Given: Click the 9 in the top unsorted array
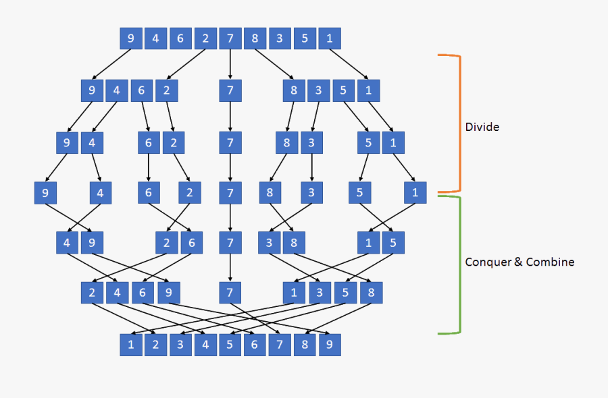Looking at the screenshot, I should (x=130, y=38).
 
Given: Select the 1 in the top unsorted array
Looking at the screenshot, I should (x=330, y=38).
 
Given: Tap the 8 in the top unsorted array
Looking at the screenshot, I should (x=255, y=38).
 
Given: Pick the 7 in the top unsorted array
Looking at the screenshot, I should (x=230, y=38).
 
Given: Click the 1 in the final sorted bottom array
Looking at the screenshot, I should (x=130, y=345).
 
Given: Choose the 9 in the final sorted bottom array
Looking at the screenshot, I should (x=330, y=345).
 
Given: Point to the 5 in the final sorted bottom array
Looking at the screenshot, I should (x=230, y=345).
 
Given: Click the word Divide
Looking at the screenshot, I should (x=482, y=126).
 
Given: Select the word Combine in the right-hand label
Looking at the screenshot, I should (x=550, y=262).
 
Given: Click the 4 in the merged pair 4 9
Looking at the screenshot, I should (x=67, y=242).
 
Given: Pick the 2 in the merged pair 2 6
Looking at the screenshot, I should (x=167, y=242).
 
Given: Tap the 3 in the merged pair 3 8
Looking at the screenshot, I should (x=270, y=242).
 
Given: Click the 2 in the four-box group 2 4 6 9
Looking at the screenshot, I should (x=92, y=293).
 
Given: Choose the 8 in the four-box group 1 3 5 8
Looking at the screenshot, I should (x=370, y=293).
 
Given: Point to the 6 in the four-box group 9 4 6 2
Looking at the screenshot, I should (x=141, y=90).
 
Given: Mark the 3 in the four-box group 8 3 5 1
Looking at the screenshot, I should (x=318, y=90).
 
